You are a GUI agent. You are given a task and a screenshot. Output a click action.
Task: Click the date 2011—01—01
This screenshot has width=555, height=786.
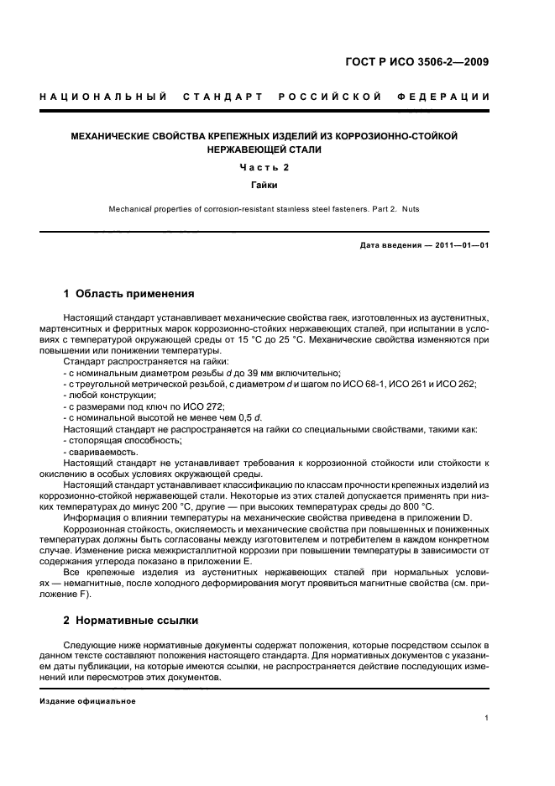459,244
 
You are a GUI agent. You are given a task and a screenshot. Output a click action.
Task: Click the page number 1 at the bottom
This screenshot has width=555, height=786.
487,718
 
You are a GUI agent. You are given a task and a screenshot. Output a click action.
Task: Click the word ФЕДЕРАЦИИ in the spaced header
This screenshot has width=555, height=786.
445,98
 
